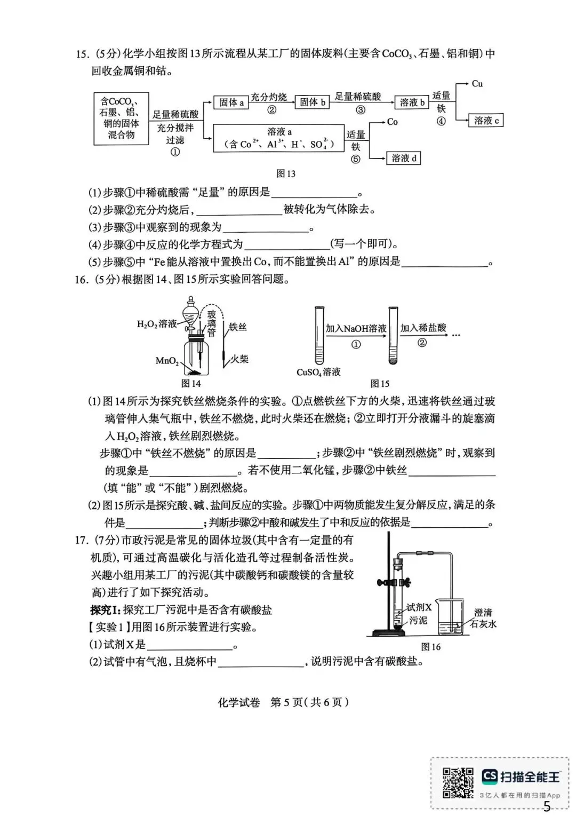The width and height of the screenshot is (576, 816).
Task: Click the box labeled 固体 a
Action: click(x=231, y=102)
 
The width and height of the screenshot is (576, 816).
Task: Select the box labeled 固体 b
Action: click(x=312, y=102)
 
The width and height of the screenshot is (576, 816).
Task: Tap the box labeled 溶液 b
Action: click(x=412, y=102)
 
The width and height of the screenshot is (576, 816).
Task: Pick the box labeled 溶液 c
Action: click(x=486, y=121)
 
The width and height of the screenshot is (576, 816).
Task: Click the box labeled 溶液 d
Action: click(x=404, y=158)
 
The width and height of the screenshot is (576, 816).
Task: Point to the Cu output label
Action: click(x=477, y=84)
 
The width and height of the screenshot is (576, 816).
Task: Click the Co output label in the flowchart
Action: click(x=393, y=122)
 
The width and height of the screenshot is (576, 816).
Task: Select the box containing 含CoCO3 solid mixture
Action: click(x=121, y=118)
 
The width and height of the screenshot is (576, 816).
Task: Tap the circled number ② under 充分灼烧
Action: click(x=271, y=110)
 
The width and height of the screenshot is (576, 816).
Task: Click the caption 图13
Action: click(x=286, y=173)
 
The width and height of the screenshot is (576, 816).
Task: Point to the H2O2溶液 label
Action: click(x=157, y=323)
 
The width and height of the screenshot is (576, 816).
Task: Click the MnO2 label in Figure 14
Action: click(x=166, y=361)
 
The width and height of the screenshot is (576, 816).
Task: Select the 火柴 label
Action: click(x=239, y=359)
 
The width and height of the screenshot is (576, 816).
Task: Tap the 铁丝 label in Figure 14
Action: click(x=238, y=327)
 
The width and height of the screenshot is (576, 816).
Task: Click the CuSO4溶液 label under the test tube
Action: click(x=318, y=372)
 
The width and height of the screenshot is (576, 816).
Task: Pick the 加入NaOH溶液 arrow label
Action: click(x=356, y=328)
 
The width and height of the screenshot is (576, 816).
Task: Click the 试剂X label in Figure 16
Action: click(x=419, y=607)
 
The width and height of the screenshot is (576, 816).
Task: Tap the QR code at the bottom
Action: click(x=458, y=783)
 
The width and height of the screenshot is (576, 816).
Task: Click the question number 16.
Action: click(x=81, y=279)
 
